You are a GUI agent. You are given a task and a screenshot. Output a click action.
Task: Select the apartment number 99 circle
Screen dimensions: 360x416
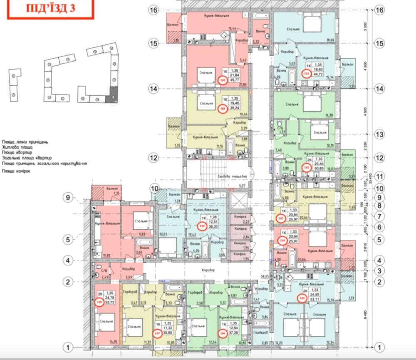pos(222,109)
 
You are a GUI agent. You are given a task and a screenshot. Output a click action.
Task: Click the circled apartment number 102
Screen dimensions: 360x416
pos(307,167)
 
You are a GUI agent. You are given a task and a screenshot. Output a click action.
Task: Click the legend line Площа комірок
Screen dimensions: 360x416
pos(17,171)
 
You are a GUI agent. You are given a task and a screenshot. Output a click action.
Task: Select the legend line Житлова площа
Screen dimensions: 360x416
pos(17,147)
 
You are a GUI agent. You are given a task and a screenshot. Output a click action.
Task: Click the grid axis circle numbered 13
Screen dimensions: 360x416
pos(379,135)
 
